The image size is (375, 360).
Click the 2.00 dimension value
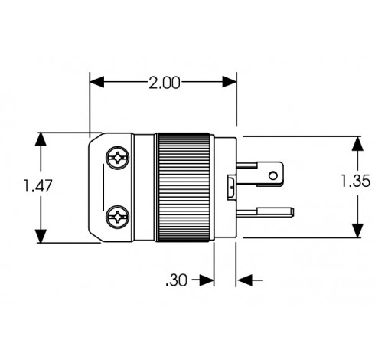click(x=165, y=83)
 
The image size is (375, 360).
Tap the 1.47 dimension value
click(x=37, y=186)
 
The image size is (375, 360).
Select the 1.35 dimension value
click(x=355, y=182)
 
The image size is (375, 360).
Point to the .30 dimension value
click(x=177, y=280)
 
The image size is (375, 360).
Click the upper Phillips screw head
click(x=117, y=158)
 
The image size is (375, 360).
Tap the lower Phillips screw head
click(x=117, y=217)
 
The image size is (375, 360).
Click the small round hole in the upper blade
click(x=272, y=175)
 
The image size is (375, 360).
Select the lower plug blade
click(x=265, y=212)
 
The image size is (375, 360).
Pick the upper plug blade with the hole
click(x=259, y=174)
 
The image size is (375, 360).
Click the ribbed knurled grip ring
click(x=184, y=187)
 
